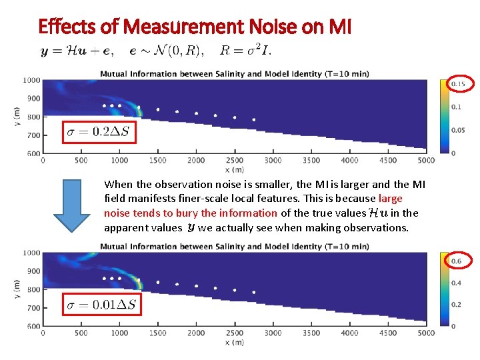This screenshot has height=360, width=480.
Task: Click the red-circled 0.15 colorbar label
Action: (458, 84)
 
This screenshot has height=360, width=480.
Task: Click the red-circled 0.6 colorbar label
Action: (457, 261)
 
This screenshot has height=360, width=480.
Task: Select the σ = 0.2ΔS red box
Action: (100, 132)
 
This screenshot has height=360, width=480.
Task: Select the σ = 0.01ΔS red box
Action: (102, 305)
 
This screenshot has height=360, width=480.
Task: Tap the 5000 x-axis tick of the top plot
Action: (425, 161)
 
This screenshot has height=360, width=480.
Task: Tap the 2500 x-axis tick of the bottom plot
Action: (235, 333)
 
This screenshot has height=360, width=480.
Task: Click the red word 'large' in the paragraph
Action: (390, 199)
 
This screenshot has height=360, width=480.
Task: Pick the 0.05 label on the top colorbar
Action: (457, 130)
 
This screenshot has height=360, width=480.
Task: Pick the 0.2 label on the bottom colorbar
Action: (456, 304)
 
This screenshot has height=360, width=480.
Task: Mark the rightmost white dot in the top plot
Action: (253, 120)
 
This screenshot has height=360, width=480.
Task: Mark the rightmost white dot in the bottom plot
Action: (253, 292)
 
